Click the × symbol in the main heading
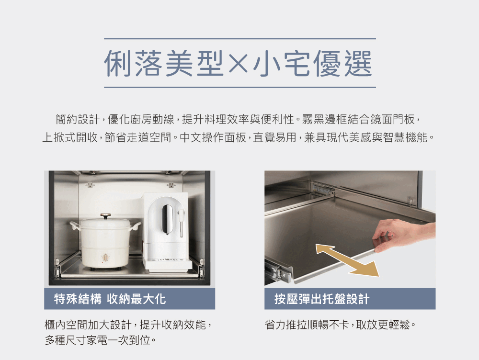point(238,64)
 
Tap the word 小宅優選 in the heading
point(312,64)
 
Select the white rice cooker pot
point(106,242)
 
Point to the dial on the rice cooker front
point(105,257)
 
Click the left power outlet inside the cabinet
point(90,185)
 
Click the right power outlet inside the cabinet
point(171,185)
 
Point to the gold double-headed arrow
point(347,260)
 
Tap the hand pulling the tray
point(403,235)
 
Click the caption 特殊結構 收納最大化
point(110,299)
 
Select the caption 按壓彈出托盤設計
point(322,299)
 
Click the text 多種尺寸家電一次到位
point(98,340)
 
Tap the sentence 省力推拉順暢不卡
point(307,325)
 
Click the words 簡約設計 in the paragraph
point(78,119)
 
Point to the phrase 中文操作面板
point(213,138)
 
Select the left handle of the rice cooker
point(75,225)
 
